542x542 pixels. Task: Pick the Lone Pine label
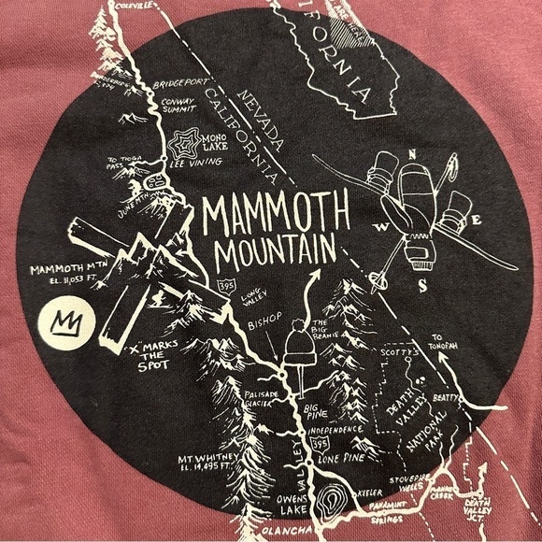click(x=346, y=459)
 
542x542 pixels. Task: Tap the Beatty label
click(x=448, y=399)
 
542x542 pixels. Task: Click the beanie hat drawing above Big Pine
click(x=301, y=347)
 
